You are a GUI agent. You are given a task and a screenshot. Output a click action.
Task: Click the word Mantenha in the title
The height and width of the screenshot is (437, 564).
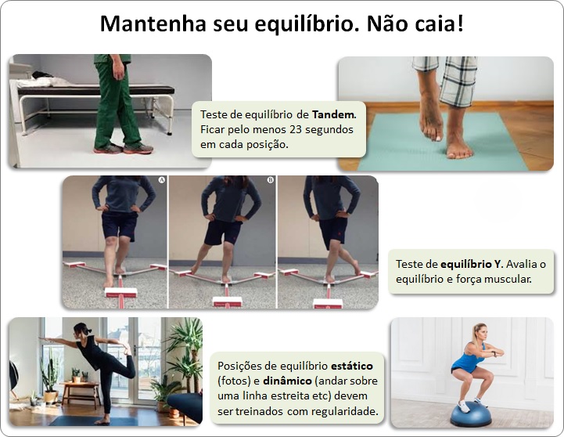pos(153,23)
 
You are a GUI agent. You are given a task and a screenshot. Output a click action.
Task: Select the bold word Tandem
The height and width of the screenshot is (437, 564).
pos(334,114)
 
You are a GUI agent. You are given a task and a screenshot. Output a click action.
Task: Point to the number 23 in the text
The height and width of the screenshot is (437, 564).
pos(296,129)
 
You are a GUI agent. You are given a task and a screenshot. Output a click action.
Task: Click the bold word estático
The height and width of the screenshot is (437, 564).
pos(352,366)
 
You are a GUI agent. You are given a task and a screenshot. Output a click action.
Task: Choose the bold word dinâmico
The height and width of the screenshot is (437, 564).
pos(287,381)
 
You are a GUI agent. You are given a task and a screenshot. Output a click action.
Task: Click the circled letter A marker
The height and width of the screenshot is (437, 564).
pos(161,179)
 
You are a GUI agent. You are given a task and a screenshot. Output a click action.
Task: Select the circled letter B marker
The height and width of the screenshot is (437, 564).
pos(270,179)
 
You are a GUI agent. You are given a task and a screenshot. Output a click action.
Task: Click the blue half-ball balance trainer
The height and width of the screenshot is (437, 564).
pos(471,415)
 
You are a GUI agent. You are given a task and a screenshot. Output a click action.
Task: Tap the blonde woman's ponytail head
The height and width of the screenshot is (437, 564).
pos(480,333)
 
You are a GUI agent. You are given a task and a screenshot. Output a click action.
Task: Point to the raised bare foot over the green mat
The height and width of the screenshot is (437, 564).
pos(430,120)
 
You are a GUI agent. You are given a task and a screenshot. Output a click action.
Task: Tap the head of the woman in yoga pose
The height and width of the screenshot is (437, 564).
pos(81,329)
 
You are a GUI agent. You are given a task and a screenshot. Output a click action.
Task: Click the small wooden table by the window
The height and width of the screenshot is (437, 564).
pos(81,393)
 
